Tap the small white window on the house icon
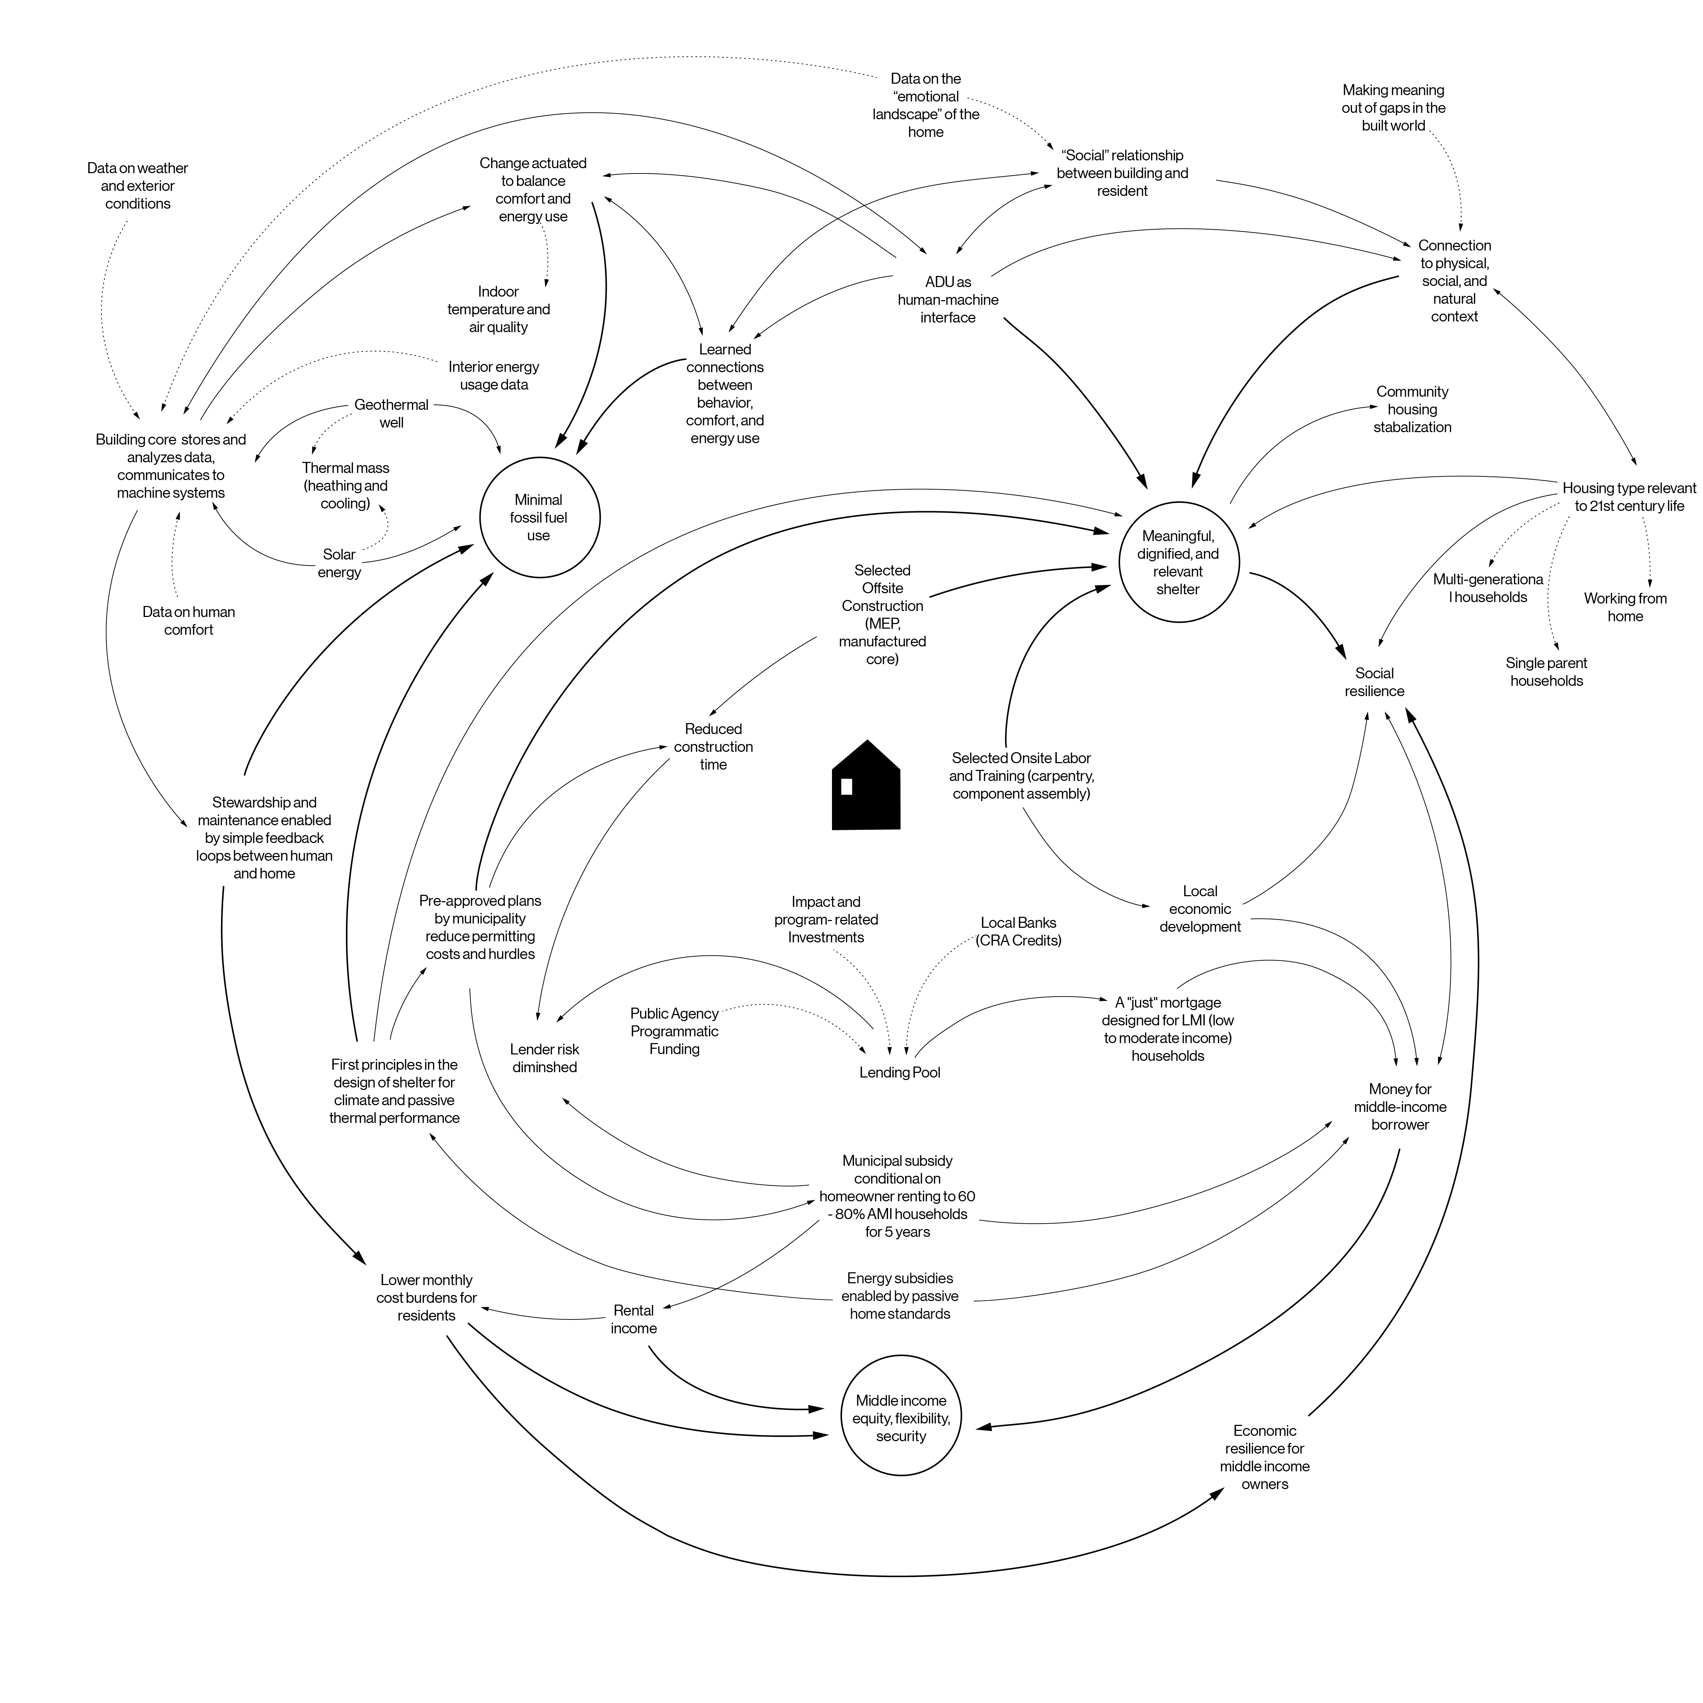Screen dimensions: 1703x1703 846,786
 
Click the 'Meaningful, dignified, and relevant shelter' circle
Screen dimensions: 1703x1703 1178,562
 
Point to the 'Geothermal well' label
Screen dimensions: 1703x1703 391,413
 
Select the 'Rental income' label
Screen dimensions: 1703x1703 634,1319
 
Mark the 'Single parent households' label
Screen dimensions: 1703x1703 1546,672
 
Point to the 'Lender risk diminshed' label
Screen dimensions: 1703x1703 545,1058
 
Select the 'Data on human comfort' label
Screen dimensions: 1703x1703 189,621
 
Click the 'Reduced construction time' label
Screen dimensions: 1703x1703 713,746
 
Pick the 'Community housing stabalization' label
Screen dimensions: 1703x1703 1412,409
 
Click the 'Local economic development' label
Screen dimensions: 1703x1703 1200,909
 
